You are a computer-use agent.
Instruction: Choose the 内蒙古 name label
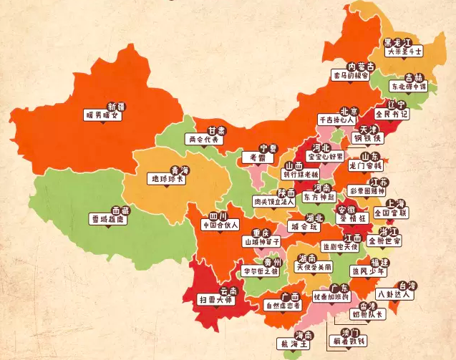pyautogui.click(x=361, y=66)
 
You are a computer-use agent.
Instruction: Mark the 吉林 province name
pyautogui.click(x=413, y=77)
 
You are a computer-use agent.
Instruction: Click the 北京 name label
pyautogui.click(x=349, y=111)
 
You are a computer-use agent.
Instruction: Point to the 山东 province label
pyautogui.click(x=369, y=156)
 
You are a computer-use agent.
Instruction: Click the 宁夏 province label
pyautogui.click(x=268, y=147)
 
